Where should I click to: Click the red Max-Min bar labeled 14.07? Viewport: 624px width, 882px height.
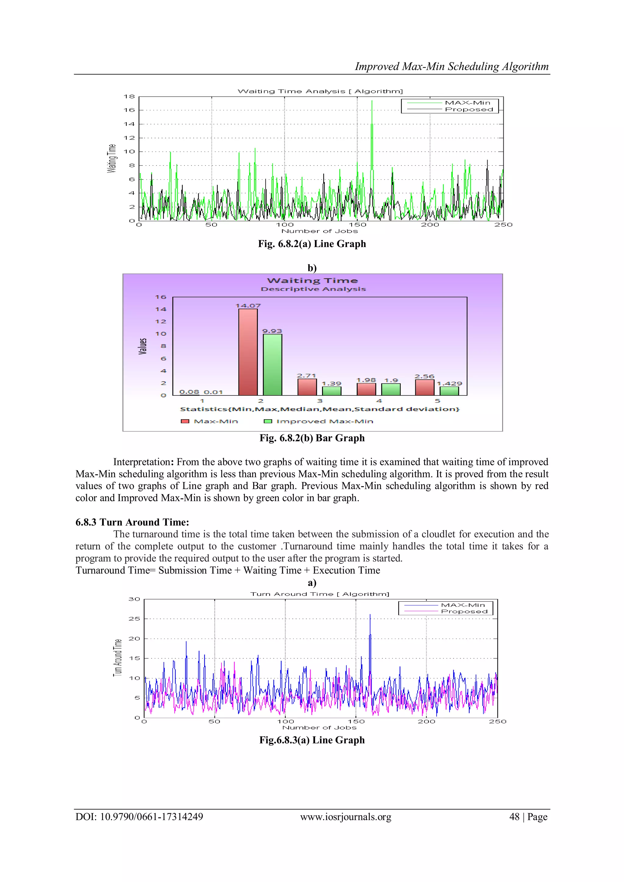tap(248, 352)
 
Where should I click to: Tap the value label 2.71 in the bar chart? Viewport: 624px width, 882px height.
tap(306, 375)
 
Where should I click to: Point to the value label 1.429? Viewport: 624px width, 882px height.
tap(449, 383)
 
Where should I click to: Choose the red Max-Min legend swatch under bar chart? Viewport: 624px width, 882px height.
tap(185, 421)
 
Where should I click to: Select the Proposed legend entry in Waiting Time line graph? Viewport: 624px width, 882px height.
tap(469, 109)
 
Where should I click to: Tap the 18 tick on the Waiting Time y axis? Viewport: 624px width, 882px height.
tap(129, 96)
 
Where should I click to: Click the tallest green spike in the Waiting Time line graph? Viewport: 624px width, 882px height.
tap(371, 101)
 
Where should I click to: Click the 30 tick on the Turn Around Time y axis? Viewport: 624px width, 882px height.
tap(134, 599)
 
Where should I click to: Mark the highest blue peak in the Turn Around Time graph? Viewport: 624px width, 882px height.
tap(370, 615)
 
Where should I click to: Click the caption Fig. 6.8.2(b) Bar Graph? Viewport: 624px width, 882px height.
tap(312, 438)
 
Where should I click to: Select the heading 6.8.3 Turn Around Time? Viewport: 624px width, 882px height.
tap(132, 522)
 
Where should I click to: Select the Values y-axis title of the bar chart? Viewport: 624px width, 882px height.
tap(143, 346)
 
